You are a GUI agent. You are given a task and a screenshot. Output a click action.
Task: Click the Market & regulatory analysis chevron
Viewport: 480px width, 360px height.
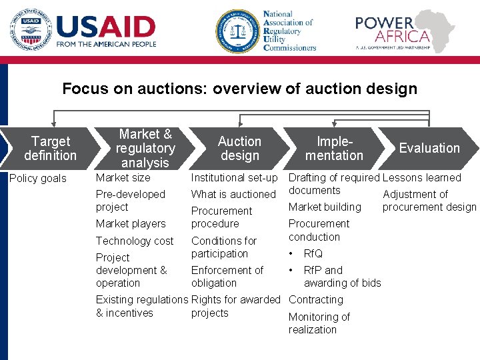tap(145, 148)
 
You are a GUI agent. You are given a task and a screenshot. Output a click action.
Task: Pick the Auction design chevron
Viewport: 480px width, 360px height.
tap(239, 148)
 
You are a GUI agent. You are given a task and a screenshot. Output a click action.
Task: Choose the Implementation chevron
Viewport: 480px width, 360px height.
tap(334, 148)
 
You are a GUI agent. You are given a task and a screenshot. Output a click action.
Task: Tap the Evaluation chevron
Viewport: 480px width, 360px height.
tap(429, 148)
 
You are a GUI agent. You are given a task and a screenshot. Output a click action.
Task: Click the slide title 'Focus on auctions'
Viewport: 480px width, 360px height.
tap(239, 89)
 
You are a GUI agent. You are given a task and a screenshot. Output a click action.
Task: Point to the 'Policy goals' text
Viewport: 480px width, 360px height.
tap(38, 178)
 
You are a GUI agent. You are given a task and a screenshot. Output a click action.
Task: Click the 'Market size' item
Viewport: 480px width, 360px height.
tap(123, 177)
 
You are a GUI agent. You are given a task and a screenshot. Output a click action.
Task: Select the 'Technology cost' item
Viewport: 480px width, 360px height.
tap(135, 241)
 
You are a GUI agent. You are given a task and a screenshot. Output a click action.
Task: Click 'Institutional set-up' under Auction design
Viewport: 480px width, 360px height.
tap(234, 177)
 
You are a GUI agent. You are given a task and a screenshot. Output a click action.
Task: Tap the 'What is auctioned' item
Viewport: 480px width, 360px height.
tap(233, 194)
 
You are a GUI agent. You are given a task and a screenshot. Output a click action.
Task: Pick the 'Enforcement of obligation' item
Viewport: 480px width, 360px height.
tap(227, 277)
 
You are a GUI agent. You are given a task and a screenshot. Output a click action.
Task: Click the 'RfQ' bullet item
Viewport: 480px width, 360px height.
tap(313, 253)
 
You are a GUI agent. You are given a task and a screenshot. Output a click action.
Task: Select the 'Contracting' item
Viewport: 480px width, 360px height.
tap(316, 300)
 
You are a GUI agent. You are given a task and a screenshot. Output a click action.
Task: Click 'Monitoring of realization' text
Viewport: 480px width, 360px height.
tap(319, 323)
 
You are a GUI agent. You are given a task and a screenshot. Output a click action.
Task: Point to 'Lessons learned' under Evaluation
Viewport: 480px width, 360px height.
tap(421, 177)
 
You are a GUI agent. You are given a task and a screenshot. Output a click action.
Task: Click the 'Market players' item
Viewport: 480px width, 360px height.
tap(131, 223)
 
